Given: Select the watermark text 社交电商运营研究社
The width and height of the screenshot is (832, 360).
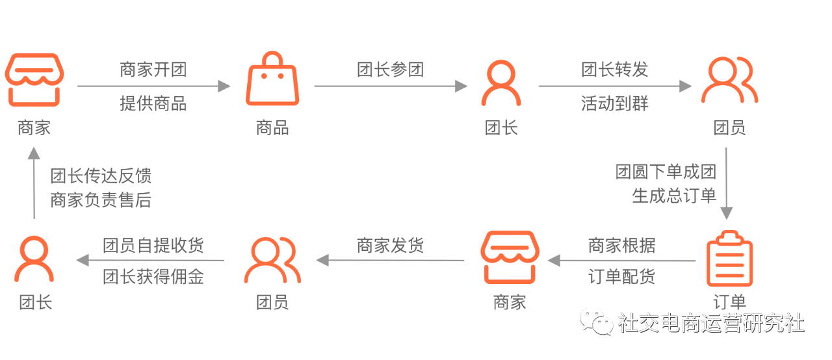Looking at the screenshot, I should [711, 323].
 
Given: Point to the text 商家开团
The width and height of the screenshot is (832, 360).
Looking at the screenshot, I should [153, 70].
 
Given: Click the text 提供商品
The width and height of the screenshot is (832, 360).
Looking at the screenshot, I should [153, 103].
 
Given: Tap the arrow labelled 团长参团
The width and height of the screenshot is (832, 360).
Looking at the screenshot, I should [391, 86].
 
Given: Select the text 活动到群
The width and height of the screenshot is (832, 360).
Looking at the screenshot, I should [614, 103].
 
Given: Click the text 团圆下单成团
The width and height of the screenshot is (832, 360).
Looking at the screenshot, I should [666, 172].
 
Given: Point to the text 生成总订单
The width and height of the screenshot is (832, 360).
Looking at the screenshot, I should [674, 195].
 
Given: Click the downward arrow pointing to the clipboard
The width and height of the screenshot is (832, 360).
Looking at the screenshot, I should [726, 185].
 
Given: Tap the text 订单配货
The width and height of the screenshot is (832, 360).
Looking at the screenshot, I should [622, 277].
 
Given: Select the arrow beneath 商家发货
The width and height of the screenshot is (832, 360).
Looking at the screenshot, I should [391, 261].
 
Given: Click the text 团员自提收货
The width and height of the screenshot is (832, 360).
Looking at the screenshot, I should [153, 245].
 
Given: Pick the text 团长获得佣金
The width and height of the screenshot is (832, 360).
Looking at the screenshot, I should [153, 277].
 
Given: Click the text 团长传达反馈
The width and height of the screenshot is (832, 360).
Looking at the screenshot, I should [101, 176].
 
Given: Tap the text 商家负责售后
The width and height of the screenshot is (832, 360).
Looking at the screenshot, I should [101, 200].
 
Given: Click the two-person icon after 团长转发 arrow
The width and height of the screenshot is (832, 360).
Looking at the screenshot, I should [729, 81].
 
